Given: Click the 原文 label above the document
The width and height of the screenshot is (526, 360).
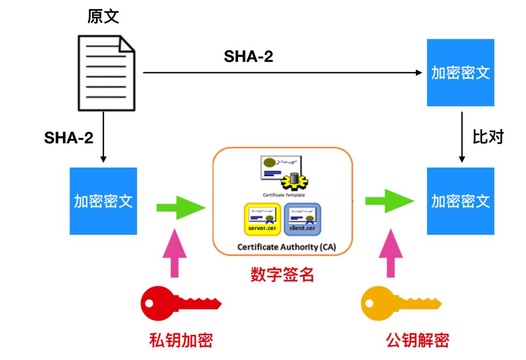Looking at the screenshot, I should (x=103, y=17).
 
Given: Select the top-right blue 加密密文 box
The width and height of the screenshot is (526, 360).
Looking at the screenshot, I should (x=460, y=73).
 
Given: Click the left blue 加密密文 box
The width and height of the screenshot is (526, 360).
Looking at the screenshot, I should (x=103, y=201).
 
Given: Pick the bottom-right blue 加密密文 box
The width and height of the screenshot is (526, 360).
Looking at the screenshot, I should (x=460, y=201).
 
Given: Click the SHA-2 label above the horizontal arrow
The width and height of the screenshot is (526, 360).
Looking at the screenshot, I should (x=248, y=57).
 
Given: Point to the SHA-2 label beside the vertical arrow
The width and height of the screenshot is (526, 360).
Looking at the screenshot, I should (x=69, y=138).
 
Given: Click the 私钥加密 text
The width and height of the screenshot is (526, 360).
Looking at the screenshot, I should (x=181, y=340).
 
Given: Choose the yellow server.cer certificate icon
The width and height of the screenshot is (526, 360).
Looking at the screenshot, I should (x=262, y=218).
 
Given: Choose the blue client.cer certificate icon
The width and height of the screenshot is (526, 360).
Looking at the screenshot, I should (x=302, y=218).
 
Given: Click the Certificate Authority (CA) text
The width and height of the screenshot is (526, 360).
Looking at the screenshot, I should (x=286, y=247).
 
